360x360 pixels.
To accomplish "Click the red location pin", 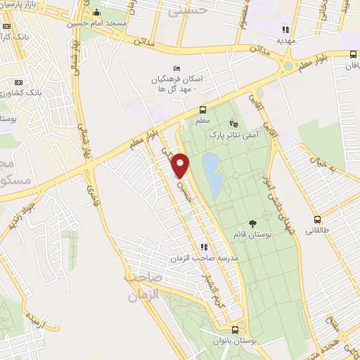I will click(x=181, y=165).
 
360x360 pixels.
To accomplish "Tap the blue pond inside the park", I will click(x=213, y=173).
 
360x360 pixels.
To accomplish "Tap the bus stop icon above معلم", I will click(x=202, y=110).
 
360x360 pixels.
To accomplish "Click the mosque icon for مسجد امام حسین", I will click(x=96, y=13).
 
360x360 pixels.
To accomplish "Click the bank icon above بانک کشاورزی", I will click(x=19, y=82).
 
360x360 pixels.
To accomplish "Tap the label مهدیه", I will click(x=285, y=41).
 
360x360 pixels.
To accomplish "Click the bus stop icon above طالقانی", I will click(x=317, y=219).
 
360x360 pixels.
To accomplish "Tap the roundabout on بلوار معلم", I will click(x=287, y=65).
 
